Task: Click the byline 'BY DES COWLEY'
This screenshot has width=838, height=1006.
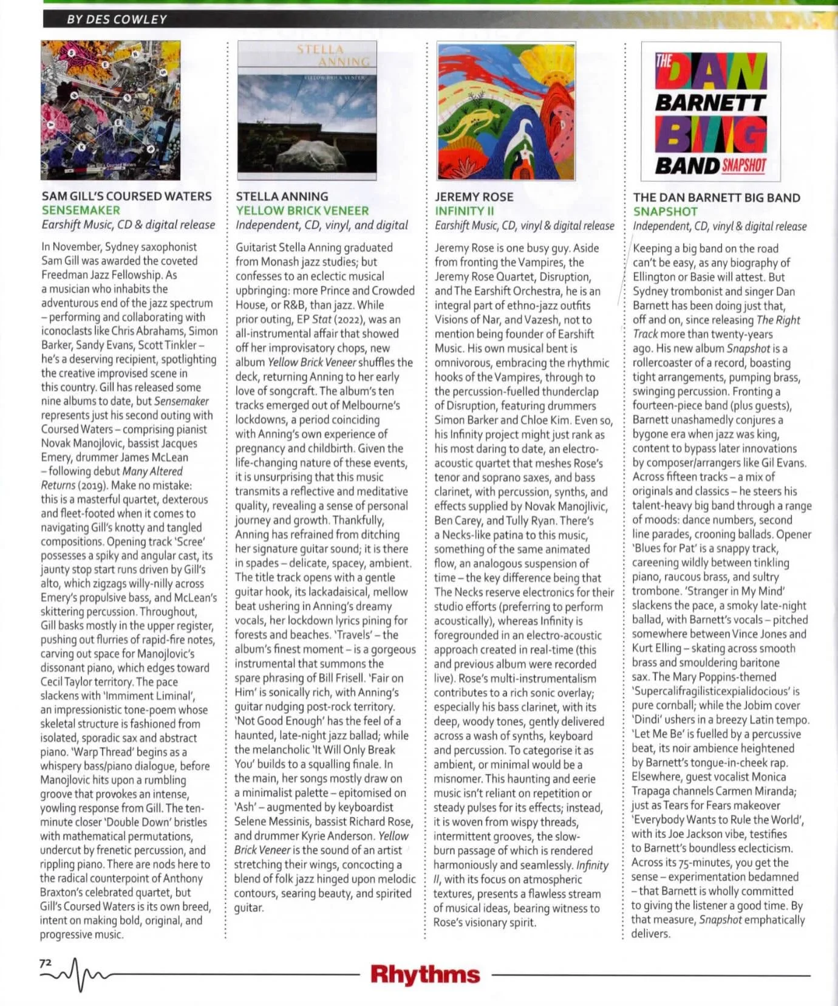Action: click(x=117, y=19)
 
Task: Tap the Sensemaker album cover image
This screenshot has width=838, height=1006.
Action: click(x=111, y=110)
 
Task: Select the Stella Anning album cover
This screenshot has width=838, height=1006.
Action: click(x=307, y=110)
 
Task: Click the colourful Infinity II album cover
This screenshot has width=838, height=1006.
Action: click(x=506, y=111)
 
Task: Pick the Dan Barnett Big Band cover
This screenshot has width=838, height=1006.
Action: click(x=710, y=112)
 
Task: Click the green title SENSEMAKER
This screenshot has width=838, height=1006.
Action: click(x=81, y=210)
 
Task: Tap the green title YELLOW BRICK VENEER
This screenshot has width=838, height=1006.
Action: click(x=302, y=211)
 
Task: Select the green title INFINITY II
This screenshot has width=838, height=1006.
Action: click(x=465, y=211)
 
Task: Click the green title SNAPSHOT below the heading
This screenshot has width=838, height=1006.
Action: click(x=665, y=212)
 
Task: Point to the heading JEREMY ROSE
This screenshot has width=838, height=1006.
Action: click(x=474, y=197)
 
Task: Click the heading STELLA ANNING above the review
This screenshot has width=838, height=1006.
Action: click(x=282, y=196)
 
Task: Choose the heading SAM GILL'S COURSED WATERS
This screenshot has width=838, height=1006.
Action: click(x=126, y=196)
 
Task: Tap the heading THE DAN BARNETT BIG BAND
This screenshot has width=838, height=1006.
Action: click(x=717, y=197)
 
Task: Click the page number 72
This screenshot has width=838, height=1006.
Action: click(x=46, y=963)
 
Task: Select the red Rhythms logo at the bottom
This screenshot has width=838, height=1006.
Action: click(x=425, y=974)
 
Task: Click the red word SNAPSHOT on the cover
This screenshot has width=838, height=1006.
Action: click(x=744, y=165)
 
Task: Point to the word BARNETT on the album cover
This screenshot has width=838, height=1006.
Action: click(x=710, y=103)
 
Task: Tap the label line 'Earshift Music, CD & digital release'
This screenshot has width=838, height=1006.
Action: click(x=128, y=225)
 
